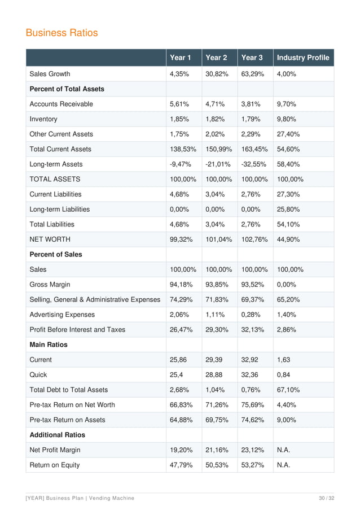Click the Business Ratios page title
pos(62,33)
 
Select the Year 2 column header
pos(217,58)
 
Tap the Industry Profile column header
pos(302,58)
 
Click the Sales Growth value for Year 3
pos(252,74)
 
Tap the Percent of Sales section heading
pos(55,254)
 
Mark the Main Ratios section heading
pos(48,345)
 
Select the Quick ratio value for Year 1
pos(177,374)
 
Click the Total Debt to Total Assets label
pos(68,390)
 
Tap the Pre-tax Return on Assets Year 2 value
pos(217,420)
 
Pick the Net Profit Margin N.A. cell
pos(284,450)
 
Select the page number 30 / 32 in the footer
pos(326,497)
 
